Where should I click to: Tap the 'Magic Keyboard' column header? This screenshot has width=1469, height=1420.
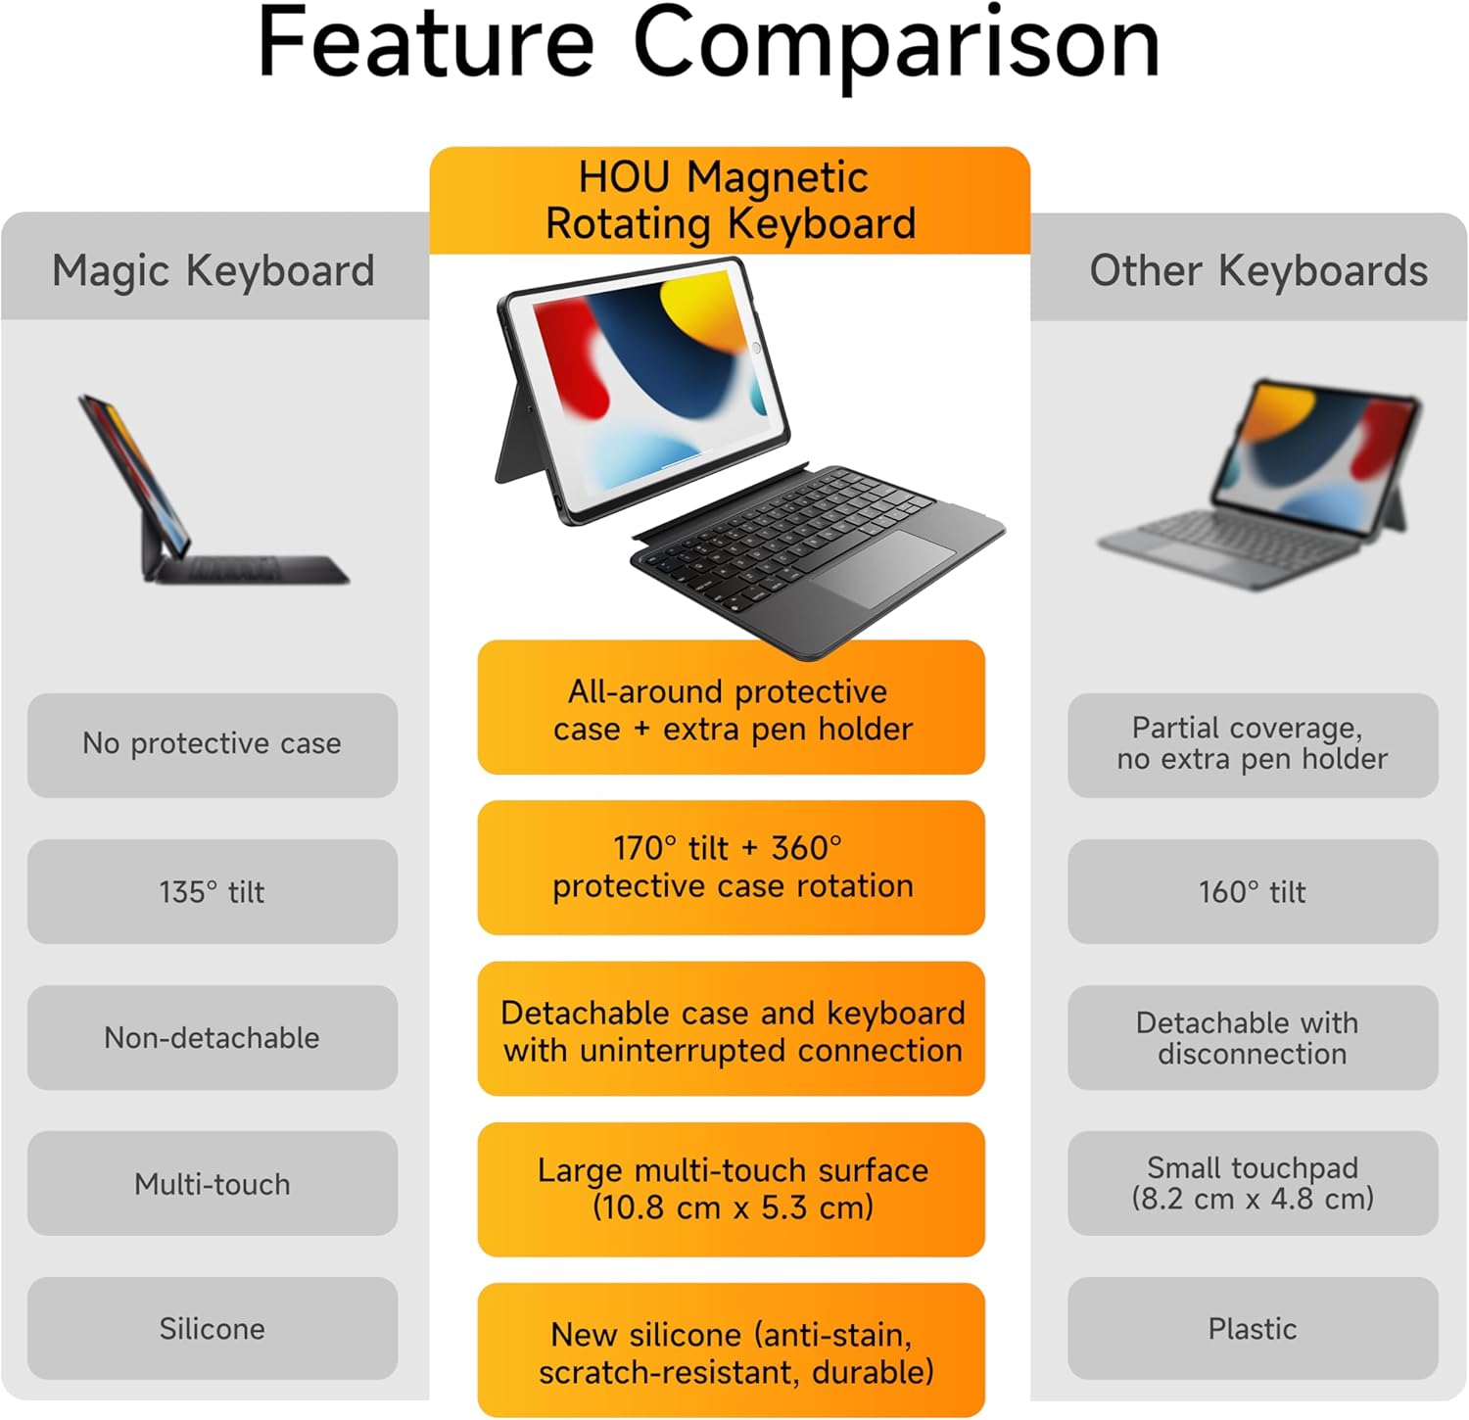tap(213, 270)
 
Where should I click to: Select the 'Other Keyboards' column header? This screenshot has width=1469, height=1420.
tap(1258, 270)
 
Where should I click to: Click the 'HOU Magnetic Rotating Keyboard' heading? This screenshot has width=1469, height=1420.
tap(730, 201)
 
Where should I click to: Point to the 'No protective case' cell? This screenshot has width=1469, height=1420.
tap(213, 744)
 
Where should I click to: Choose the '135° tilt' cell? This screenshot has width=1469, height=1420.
tap(213, 891)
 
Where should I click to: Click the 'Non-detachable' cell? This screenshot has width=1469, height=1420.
tap(213, 1037)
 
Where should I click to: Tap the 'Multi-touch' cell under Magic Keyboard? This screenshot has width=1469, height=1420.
tap(213, 1183)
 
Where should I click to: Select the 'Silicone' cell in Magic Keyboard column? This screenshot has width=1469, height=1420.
tap(213, 1328)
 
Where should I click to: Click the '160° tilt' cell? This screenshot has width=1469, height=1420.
tap(1253, 891)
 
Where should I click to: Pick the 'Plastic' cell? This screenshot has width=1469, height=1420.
tap(1253, 1328)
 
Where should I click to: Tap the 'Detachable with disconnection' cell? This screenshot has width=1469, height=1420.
tap(1253, 1037)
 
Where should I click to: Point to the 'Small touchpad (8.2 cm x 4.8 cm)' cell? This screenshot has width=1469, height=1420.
tap(1253, 1183)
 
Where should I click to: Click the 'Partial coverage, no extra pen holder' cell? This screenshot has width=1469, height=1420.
tap(1253, 744)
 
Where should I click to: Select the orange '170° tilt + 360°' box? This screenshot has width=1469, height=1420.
tap(731, 867)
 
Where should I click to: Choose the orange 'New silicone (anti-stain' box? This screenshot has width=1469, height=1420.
tap(731, 1350)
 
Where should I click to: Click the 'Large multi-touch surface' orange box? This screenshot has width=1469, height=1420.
tap(731, 1189)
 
